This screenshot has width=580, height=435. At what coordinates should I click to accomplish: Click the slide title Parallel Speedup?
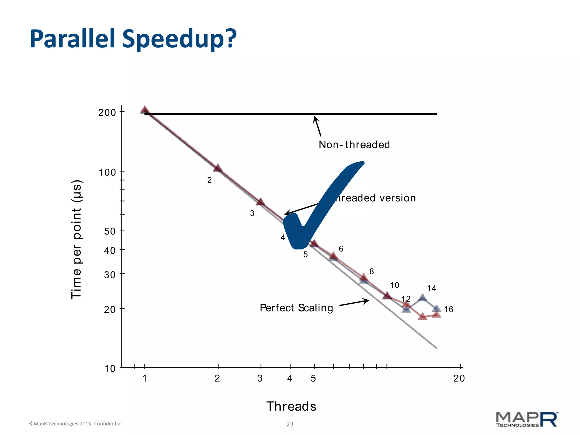(x=133, y=39)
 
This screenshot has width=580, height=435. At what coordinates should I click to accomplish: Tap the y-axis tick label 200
(x=107, y=113)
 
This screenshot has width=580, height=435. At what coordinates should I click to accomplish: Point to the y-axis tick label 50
(x=110, y=231)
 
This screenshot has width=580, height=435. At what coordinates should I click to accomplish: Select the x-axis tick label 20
(x=459, y=378)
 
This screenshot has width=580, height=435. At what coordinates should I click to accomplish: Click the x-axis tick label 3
(x=260, y=378)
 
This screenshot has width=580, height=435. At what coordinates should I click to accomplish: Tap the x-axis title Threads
(x=291, y=406)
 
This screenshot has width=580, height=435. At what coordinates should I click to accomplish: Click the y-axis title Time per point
(x=76, y=239)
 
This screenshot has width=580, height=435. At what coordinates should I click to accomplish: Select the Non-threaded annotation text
(x=354, y=145)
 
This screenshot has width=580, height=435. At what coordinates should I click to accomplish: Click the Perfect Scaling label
(x=296, y=308)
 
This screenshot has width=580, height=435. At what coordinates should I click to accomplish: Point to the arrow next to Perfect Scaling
(x=354, y=302)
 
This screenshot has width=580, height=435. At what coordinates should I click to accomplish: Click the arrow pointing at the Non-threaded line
(x=317, y=126)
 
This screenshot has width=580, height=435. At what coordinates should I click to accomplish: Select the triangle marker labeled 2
(x=218, y=168)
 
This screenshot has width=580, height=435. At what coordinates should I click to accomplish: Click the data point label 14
(x=431, y=289)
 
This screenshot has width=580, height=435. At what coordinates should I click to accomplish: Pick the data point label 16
(x=449, y=310)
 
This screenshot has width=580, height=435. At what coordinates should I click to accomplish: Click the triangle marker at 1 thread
(x=145, y=110)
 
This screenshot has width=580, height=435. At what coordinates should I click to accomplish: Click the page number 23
(x=290, y=424)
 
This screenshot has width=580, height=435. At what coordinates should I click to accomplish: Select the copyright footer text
(x=75, y=424)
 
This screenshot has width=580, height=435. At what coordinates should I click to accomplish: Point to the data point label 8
(x=372, y=272)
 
